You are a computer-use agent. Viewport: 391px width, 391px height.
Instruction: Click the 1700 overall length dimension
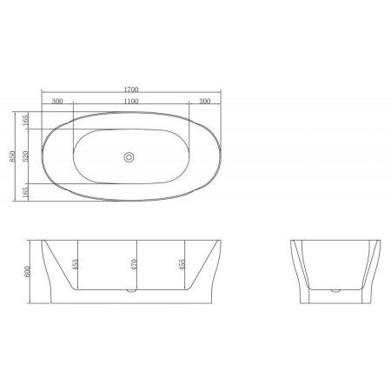point(130,88)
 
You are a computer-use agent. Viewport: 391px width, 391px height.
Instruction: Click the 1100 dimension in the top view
point(130,102)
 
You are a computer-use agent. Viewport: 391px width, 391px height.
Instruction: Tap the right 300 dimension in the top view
point(205,102)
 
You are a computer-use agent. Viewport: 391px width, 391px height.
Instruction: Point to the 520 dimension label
point(27,156)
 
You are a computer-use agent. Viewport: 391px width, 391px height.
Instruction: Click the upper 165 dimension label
point(27,119)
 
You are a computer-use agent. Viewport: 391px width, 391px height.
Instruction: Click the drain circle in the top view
point(129,157)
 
